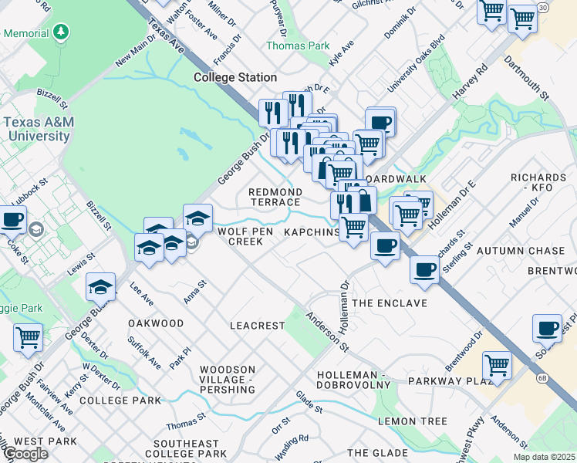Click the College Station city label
click(235, 77)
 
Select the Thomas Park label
click(298, 46)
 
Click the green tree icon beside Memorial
click(60, 33)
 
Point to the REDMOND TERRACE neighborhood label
click(275, 196)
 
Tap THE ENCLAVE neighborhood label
click(389, 303)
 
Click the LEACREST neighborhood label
click(258, 326)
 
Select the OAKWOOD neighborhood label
click(156, 323)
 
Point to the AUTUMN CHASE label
click(521, 252)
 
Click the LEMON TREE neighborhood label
click(412, 421)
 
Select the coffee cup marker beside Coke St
click(12, 220)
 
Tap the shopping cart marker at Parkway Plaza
click(497, 365)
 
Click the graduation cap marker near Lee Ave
click(100, 288)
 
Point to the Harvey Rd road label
click(471, 80)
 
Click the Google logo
click(25, 454)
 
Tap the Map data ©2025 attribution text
click(545, 457)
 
